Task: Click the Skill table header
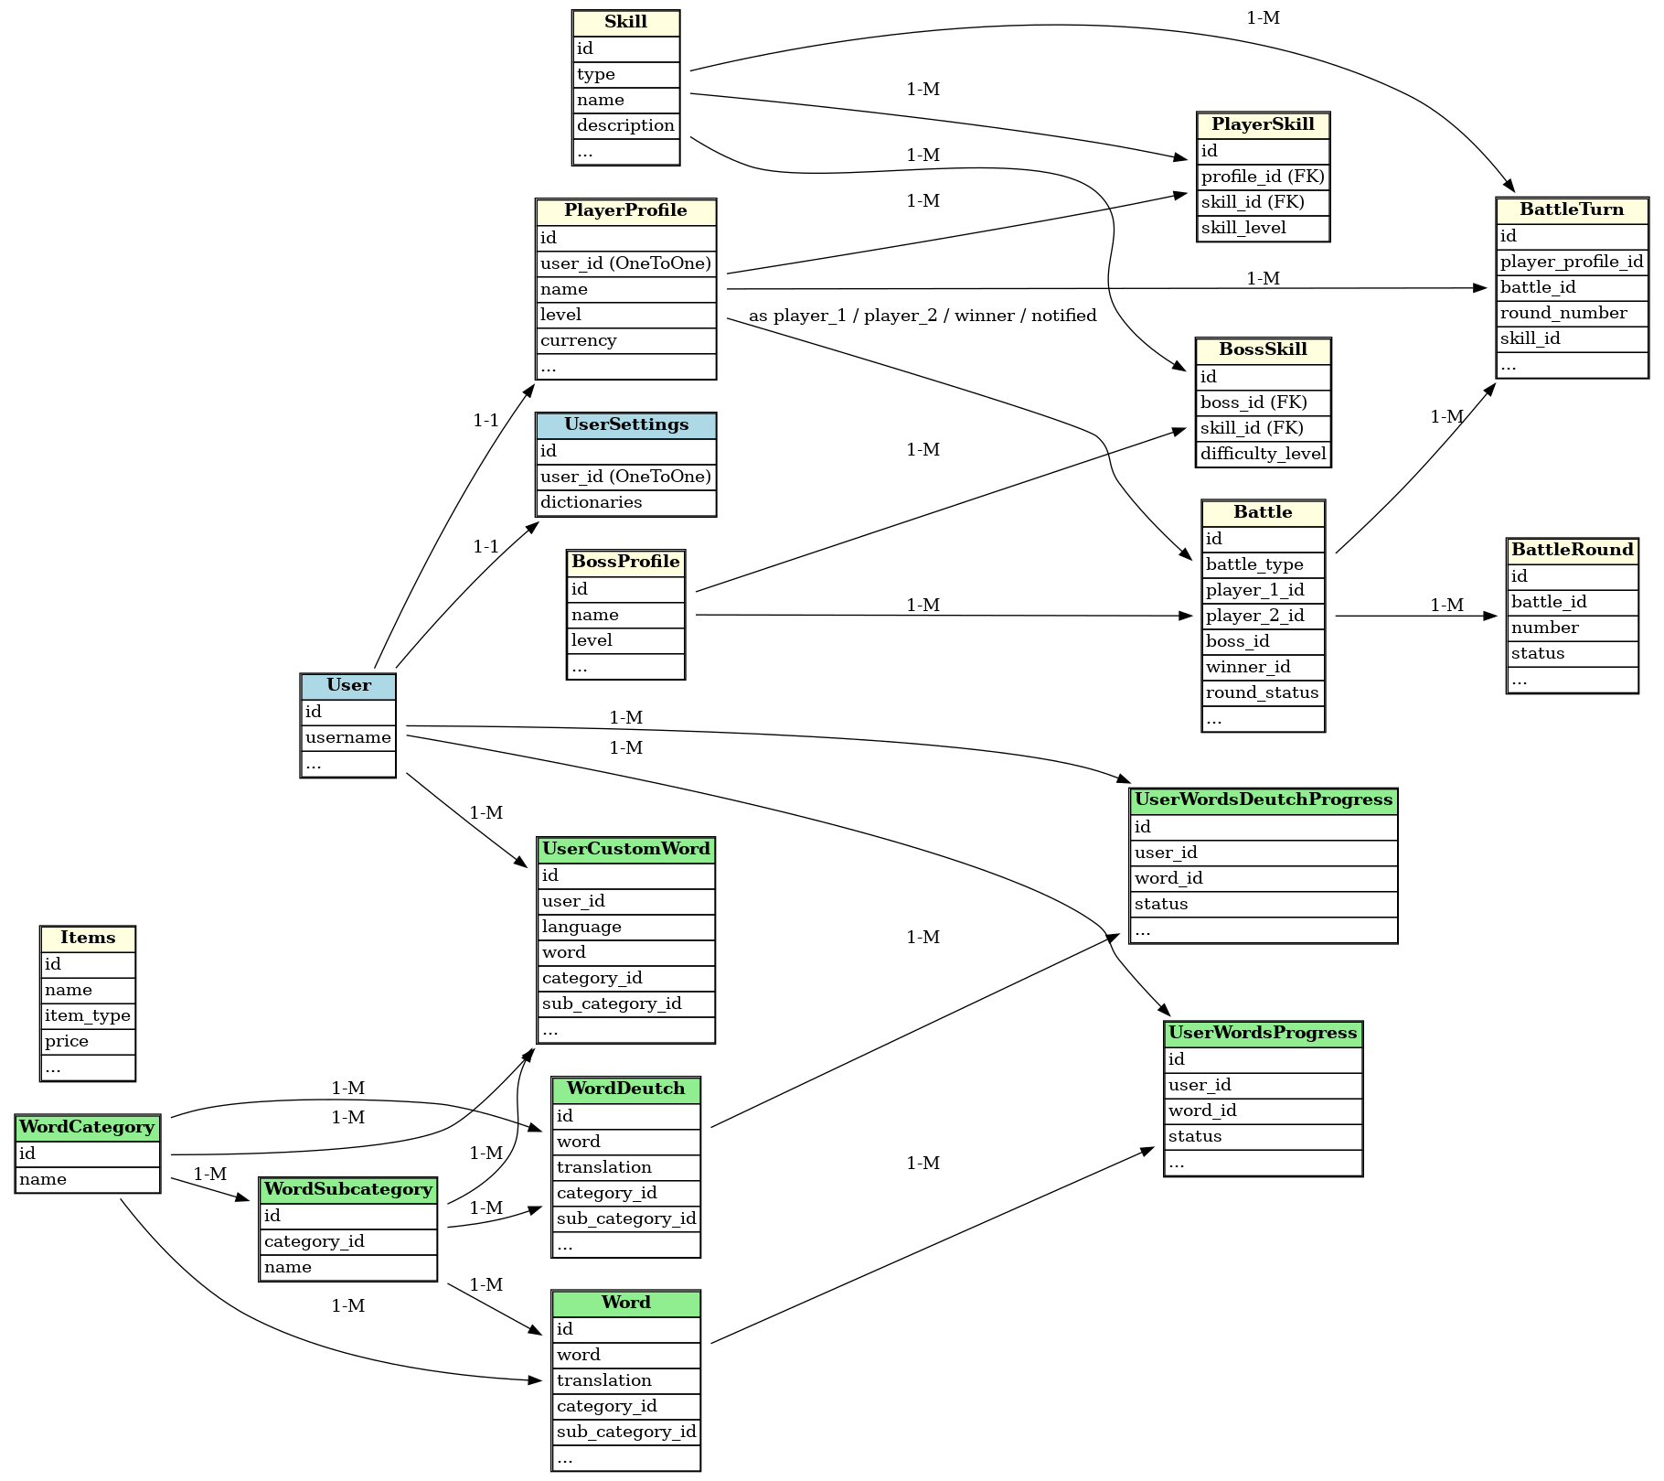click(x=625, y=23)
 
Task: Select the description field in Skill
click(x=625, y=125)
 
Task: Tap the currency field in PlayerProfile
click(x=625, y=340)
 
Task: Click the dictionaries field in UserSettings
click(x=625, y=502)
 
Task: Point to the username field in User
click(x=347, y=737)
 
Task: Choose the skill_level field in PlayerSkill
click(x=1263, y=228)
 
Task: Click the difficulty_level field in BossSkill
click(x=1263, y=454)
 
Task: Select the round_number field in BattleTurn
click(x=1572, y=313)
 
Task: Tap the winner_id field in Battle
click(x=1263, y=667)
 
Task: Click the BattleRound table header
click(x=1572, y=550)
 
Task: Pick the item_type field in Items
click(x=88, y=1015)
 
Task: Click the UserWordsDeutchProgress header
click(x=1263, y=800)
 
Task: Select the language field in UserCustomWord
click(x=625, y=927)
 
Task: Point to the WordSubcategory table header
click(x=347, y=1190)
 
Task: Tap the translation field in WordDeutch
click(x=625, y=1167)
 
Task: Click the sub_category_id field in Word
click(x=625, y=1432)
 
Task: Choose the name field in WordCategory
click(x=88, y=1179)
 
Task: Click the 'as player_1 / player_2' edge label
click(x=922, y=316)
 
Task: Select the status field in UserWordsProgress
click(x=1263, y=1136)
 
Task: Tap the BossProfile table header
click(x=625, y=562)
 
